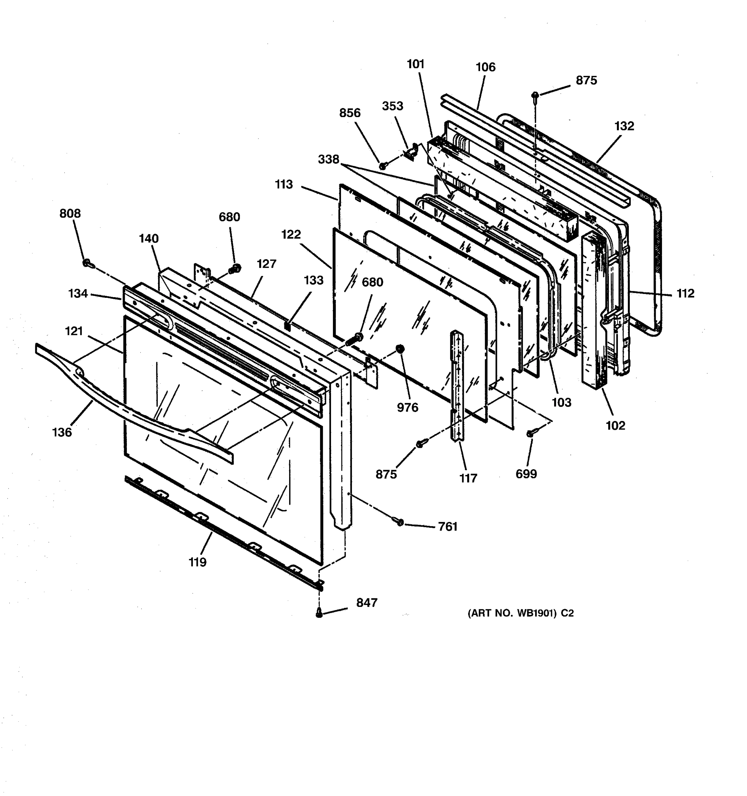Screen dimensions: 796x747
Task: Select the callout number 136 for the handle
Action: [62, 432]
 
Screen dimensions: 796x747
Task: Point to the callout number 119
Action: [198, 562]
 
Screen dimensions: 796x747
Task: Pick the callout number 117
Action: [468, 478]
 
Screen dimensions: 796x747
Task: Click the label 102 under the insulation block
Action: [615, 426]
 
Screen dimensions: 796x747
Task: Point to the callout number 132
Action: [624, 126]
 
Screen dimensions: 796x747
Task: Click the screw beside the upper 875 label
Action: [535, 95]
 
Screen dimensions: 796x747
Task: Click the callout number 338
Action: [329, 159]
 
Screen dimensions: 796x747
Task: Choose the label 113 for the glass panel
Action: [284, 185]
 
